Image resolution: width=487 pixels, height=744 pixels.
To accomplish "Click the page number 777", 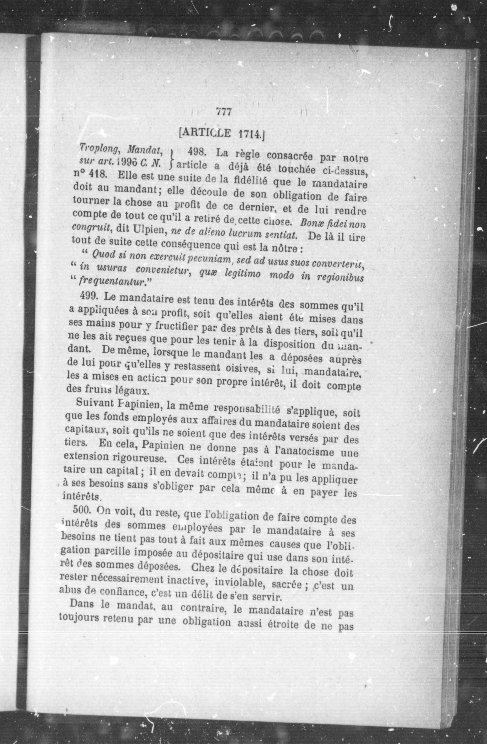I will tap(223, 112).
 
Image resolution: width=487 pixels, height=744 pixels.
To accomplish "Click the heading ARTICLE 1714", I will tap(222, 133).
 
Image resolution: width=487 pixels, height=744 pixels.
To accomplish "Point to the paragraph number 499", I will tap(89, 295).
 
